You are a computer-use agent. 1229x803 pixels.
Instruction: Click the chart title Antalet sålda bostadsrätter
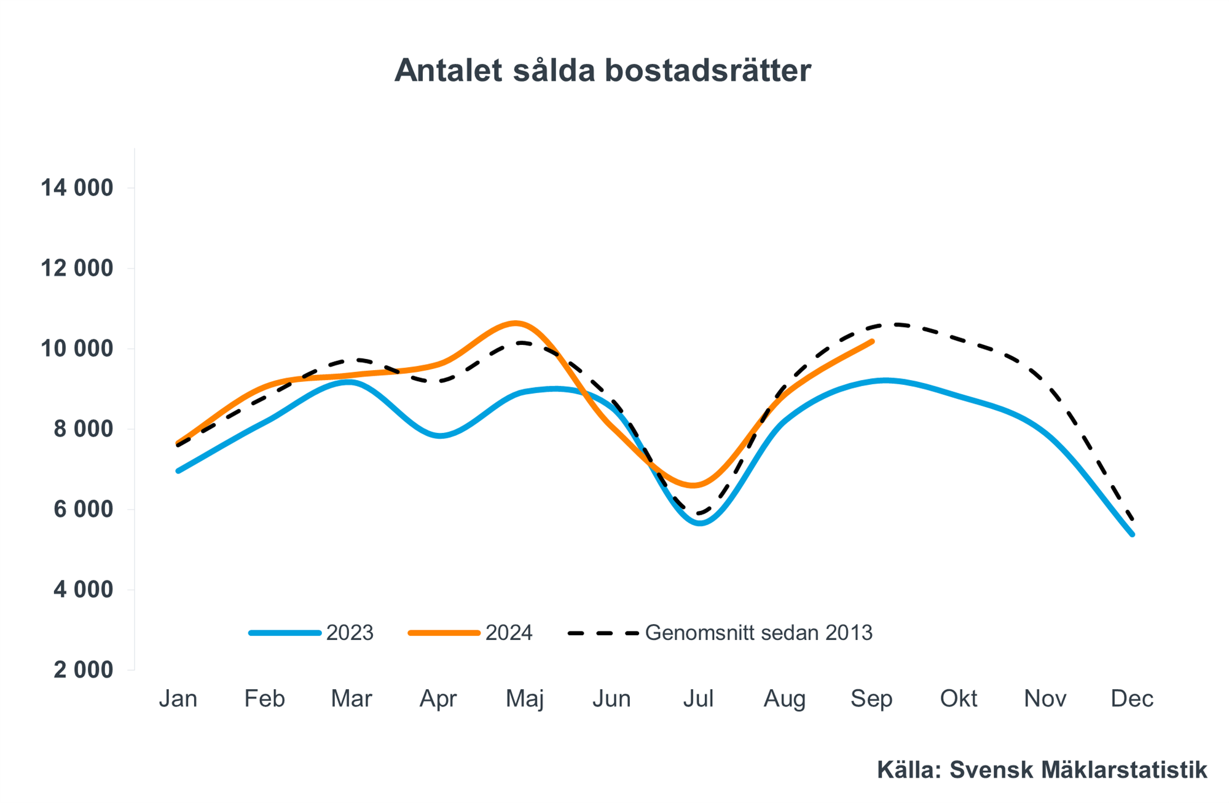602,70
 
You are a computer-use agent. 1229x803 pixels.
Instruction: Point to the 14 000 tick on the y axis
77,188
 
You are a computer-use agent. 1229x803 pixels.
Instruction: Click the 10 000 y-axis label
77,349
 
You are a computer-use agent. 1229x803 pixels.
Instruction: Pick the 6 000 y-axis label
84,509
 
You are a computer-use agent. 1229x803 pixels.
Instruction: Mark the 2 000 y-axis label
84,670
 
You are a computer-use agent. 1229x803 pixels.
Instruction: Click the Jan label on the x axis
178,698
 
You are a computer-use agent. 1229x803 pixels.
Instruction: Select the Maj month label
525,698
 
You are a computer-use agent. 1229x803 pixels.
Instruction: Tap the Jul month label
698,698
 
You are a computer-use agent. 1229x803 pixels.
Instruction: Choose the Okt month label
959,698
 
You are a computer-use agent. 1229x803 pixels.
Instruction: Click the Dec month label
1132,698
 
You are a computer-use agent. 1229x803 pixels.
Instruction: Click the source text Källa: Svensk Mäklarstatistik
1042,770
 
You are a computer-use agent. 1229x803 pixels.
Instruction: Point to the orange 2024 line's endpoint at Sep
871,341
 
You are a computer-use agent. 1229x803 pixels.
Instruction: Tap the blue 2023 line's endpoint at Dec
1132,534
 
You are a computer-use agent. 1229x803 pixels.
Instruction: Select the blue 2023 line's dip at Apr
441,436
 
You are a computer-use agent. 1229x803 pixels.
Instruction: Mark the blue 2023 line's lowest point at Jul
701,523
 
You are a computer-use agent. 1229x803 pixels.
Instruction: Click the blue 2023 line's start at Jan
178,471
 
